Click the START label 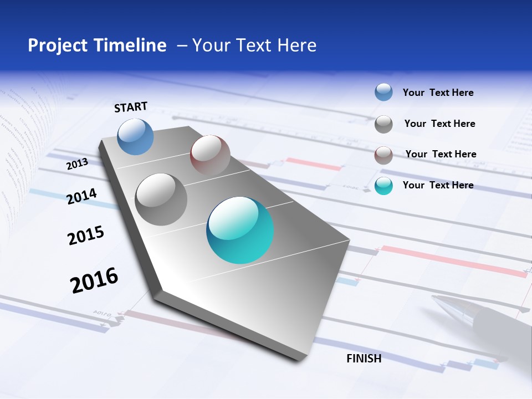click(131, 107)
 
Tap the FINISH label click(364, 359)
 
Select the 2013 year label click(77, 164)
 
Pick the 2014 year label click(82, 196)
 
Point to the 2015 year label click(86, 236)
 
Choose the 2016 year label click(94, 280)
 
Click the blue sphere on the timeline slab click(135, 136)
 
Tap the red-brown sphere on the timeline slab click(210, 155)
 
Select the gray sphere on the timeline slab click(161, 199)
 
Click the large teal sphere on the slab click(240, 230)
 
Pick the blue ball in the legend click(383, 93)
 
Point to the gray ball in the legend click(383, 124)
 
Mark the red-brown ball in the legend click(383, 155)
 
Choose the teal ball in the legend click(383, 186)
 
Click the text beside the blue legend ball click(438, 93)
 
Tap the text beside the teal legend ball click(438, 185)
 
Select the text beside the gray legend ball click(439, 124)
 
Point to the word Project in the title click(58, 45)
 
